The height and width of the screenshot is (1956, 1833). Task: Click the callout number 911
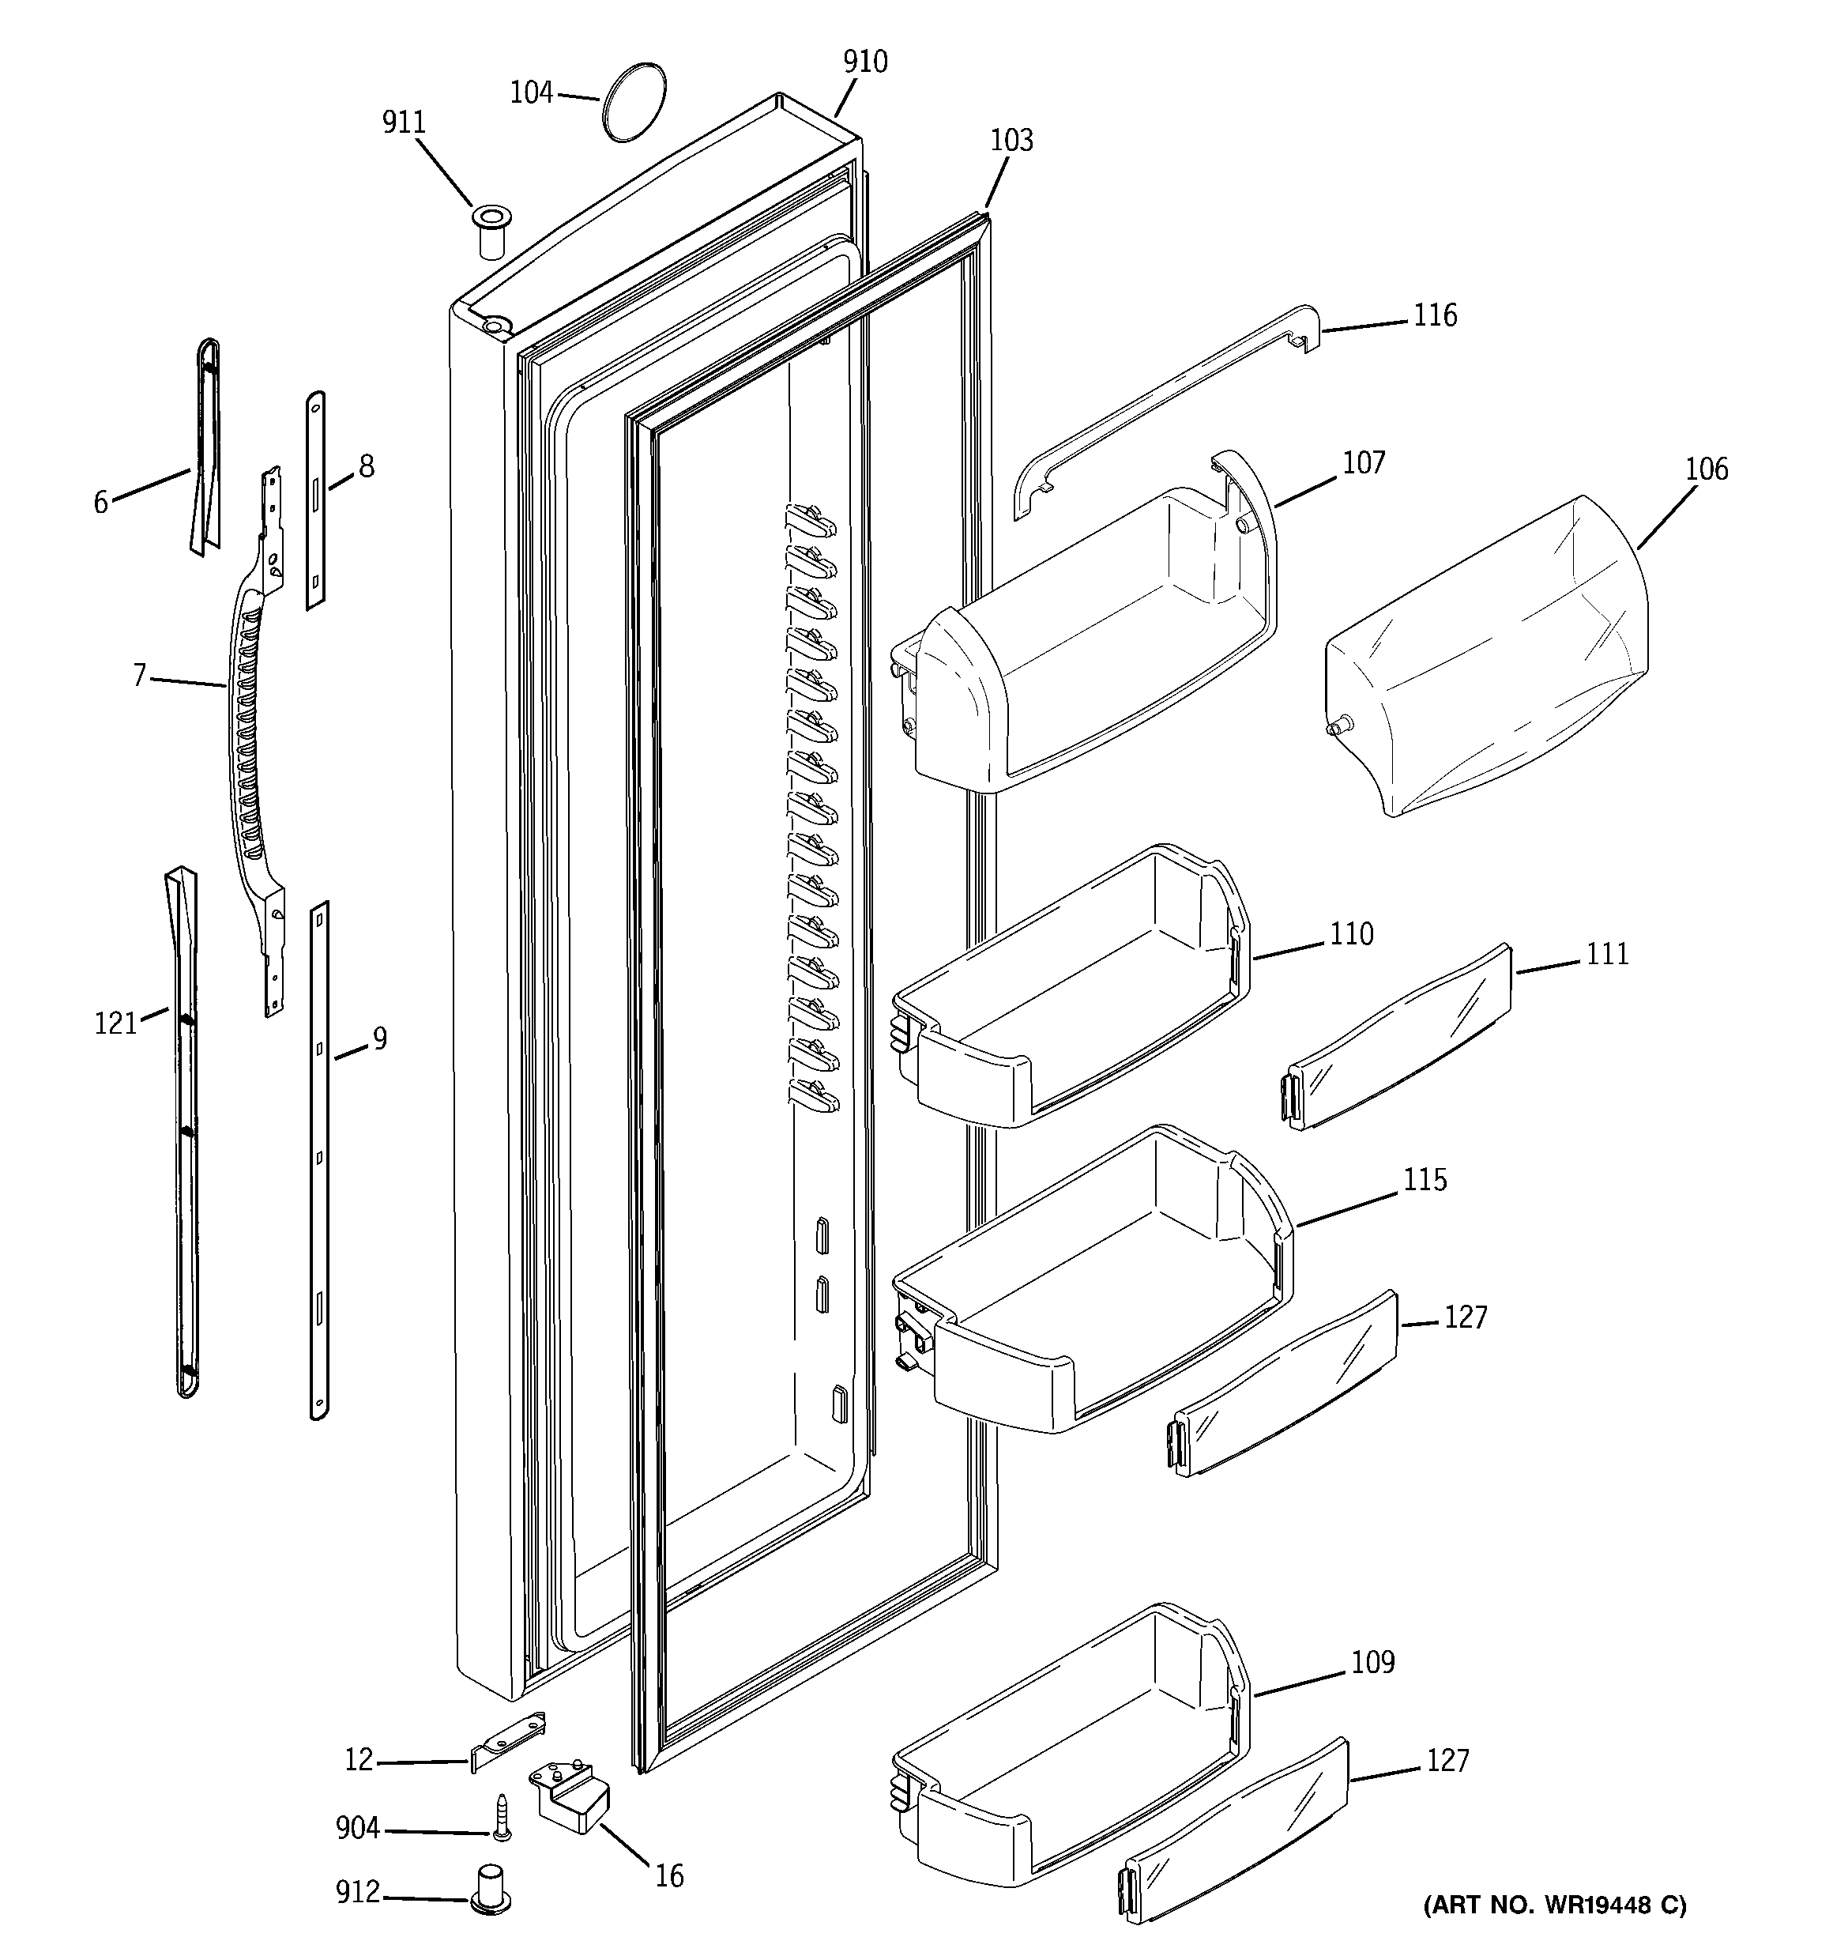404,123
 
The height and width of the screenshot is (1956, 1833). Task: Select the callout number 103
1011,141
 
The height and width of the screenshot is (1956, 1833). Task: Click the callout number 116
1435,316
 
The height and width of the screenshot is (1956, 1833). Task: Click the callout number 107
1364,463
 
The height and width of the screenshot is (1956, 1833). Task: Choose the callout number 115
1425,1180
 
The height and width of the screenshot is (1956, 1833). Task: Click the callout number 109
1372,1662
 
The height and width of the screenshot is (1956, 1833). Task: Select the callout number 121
115,1024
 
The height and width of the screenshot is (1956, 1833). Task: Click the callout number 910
865,62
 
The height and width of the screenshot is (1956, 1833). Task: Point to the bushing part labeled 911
490,232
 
